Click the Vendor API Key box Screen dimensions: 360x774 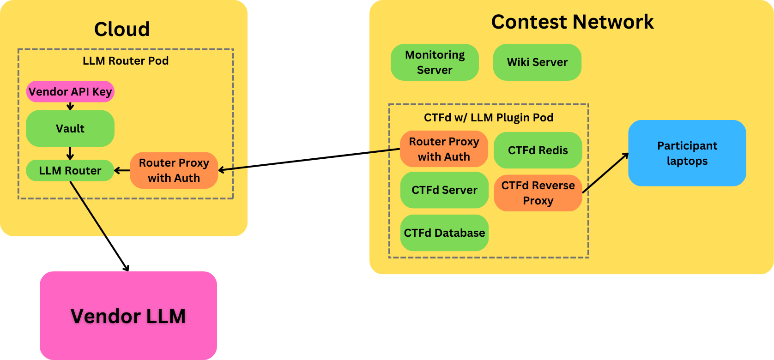70,91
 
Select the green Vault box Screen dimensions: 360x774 70,128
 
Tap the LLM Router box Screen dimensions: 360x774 70,170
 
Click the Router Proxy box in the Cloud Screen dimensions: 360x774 174,170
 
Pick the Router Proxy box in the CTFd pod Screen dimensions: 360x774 444,149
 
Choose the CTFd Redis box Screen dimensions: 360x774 538,150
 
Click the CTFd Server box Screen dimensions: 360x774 444,190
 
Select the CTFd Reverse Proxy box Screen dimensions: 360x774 538,193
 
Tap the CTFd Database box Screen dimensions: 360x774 444,233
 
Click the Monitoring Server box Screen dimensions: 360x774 435,62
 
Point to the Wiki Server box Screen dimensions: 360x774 537,62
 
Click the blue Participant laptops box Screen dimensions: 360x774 687,153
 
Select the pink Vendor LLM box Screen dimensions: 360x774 128,316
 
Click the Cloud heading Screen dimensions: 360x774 122,29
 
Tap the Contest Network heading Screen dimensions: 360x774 572,22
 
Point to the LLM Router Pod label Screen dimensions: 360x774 126,61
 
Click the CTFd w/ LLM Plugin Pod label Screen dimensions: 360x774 489,118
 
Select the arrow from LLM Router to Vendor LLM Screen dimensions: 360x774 99,226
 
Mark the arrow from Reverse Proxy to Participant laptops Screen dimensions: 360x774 605,173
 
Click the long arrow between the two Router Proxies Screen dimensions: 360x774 309,160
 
